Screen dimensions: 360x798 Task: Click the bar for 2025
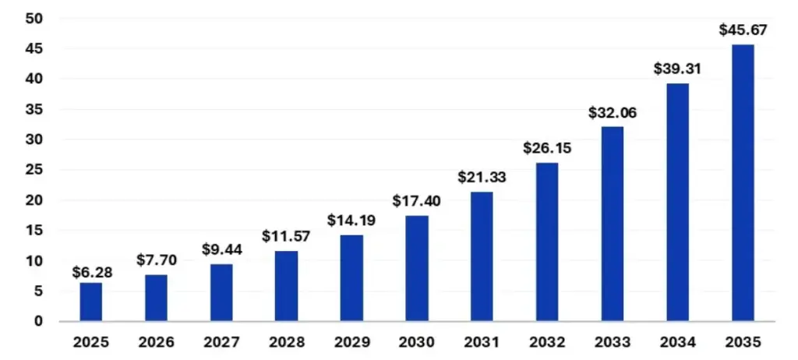[90, 302]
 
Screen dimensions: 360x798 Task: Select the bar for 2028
[286, 286]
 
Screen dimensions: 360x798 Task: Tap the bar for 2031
[482, 256]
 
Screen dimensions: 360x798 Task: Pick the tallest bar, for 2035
[743, 183]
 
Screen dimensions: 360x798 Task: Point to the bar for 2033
[613, 224]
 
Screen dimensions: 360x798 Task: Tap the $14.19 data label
[351, 221]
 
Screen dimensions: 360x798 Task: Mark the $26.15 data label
[547, 148]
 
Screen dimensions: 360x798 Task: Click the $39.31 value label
[677, 69]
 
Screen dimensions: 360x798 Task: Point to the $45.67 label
[743, 30]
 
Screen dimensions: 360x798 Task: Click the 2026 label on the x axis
[156, 342]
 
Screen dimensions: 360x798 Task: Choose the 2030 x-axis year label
[417, 342]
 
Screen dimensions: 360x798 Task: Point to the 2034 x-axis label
[677, 342]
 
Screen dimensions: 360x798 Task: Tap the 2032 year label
[547, 342]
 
